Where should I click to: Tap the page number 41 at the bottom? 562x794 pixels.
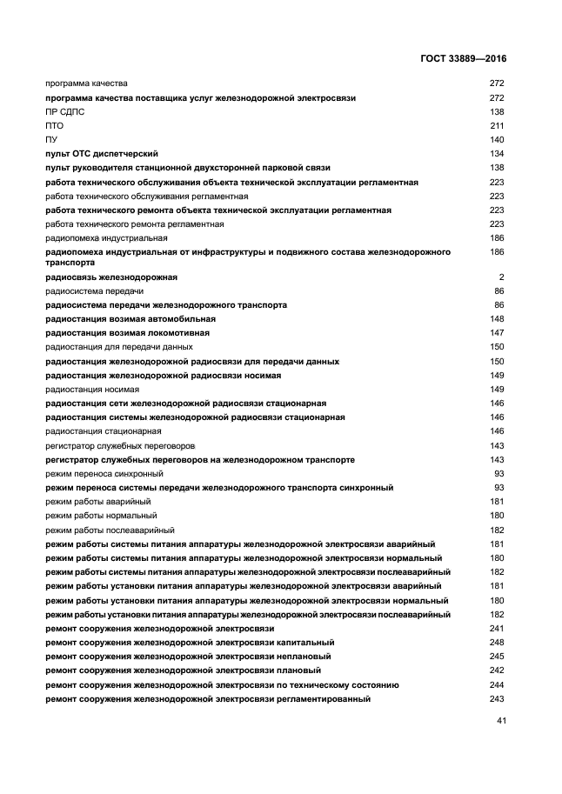(500, 720)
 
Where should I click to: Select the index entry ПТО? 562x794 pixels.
(54, 126)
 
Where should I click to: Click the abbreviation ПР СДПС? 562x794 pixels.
(65, 112)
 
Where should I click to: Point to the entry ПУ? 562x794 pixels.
(51, 140)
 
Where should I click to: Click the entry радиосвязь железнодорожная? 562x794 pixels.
(111, 277)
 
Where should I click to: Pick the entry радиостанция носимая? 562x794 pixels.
(92, 390)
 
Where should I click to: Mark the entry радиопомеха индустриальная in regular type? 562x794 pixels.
(106, 237)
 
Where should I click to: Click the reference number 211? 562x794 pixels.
(497, 126)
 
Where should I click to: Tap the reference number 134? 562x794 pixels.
(497, 154)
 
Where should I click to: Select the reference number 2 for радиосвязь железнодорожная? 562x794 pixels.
(502, 277)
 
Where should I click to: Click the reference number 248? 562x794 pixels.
(497, 643)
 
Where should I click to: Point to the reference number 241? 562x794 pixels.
(497, 629)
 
